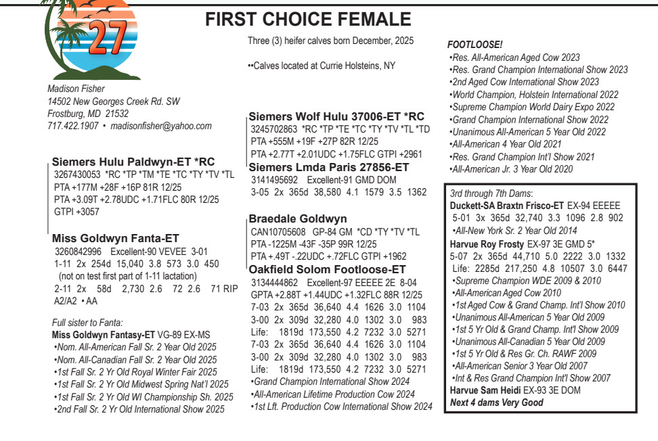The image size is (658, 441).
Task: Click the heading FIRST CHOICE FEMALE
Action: coord(308,20)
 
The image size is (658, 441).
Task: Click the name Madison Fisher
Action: coord(76,89)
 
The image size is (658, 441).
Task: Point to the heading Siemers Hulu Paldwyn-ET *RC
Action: coord(133,162)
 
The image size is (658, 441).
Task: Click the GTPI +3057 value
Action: coord(76,211)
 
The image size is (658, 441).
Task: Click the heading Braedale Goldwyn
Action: coord(298,218)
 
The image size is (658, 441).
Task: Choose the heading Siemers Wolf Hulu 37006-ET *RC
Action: coord(337,116)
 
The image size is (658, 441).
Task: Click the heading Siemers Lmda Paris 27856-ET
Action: coord(330,167)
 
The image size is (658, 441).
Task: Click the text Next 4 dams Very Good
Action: coord(496,402)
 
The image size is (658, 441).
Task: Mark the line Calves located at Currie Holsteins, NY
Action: coord(322,66)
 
